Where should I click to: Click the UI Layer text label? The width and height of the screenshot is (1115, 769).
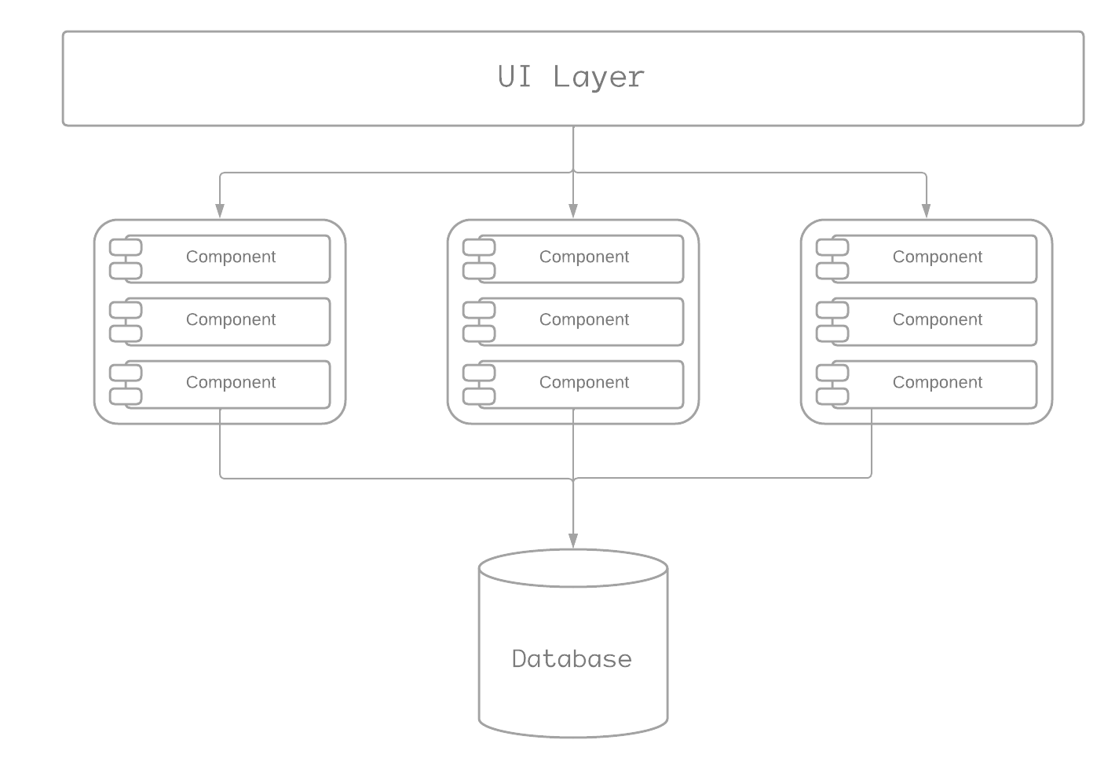pos(571,77)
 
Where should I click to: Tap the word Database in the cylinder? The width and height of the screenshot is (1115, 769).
pos(572,658)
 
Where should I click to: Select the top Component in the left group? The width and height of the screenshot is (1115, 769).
pos(230,257)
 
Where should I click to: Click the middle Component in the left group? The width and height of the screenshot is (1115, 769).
pos(230,320)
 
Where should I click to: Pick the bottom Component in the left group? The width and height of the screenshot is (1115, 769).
pos(230,383)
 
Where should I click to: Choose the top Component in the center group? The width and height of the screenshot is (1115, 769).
pos(583,257)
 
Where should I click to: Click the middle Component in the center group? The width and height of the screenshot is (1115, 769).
pos(583,320)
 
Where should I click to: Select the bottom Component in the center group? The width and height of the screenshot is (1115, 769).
pos(583,383)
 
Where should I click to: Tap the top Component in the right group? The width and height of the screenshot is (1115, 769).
pos(937,257)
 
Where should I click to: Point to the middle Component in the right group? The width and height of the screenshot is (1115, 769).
pos(937,320)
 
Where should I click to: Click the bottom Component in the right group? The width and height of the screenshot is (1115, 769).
pos(937,383)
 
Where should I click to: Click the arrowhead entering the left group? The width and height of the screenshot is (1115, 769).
pos(220,211)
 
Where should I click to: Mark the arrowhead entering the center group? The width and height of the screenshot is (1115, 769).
pos(573,211)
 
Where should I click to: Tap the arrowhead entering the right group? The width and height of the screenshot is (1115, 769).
pos(927,211)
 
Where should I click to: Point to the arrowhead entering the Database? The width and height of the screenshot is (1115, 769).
pos(573,541)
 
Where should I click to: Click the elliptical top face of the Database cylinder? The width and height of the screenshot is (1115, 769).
pos(573,567)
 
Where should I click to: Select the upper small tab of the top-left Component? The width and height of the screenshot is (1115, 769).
pos(126,247)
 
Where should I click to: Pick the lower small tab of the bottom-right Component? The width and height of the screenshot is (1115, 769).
pos(832,396)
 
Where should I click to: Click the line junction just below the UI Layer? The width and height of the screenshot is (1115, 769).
pos(573,172)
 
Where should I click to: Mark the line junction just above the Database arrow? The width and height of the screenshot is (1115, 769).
pos(573,478)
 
